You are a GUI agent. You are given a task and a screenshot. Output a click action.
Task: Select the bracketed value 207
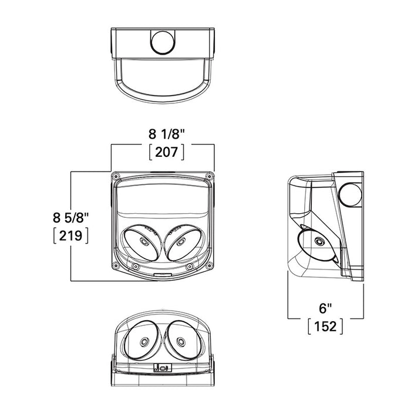[167, 152]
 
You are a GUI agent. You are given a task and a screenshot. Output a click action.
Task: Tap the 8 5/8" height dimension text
[70, 217]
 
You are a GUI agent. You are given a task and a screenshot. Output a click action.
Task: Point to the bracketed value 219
[70, 236]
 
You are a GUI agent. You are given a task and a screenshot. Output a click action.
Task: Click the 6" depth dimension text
[325, 307]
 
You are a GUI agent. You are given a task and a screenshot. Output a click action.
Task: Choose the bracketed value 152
[325, 326]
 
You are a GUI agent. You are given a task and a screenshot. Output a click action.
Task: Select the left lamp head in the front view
[142, 242]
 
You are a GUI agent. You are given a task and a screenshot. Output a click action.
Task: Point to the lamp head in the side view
[318, 244]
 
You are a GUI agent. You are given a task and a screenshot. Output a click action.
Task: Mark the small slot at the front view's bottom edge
[163, 274]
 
